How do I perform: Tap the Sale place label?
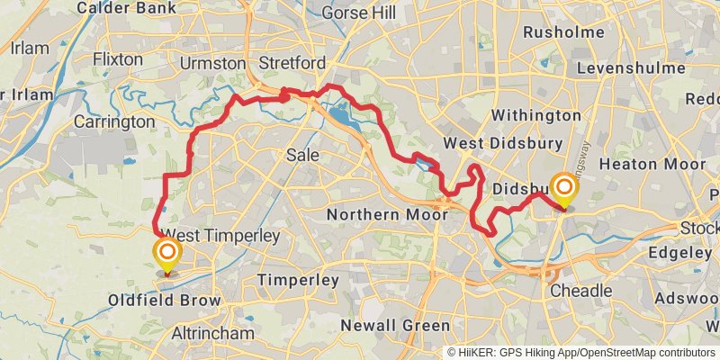[x=302, y=155]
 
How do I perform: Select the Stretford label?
[x=292, y=64]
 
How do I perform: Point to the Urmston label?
[x=212, y=64]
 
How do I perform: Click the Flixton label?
[x=117, y=59]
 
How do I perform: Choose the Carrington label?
[x=114, y=121]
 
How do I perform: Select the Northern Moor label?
[x=387, y=215]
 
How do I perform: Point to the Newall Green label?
[x=395, y=326]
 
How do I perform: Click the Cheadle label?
[x=580, y=291]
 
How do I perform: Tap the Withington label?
[x=537, y=115]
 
